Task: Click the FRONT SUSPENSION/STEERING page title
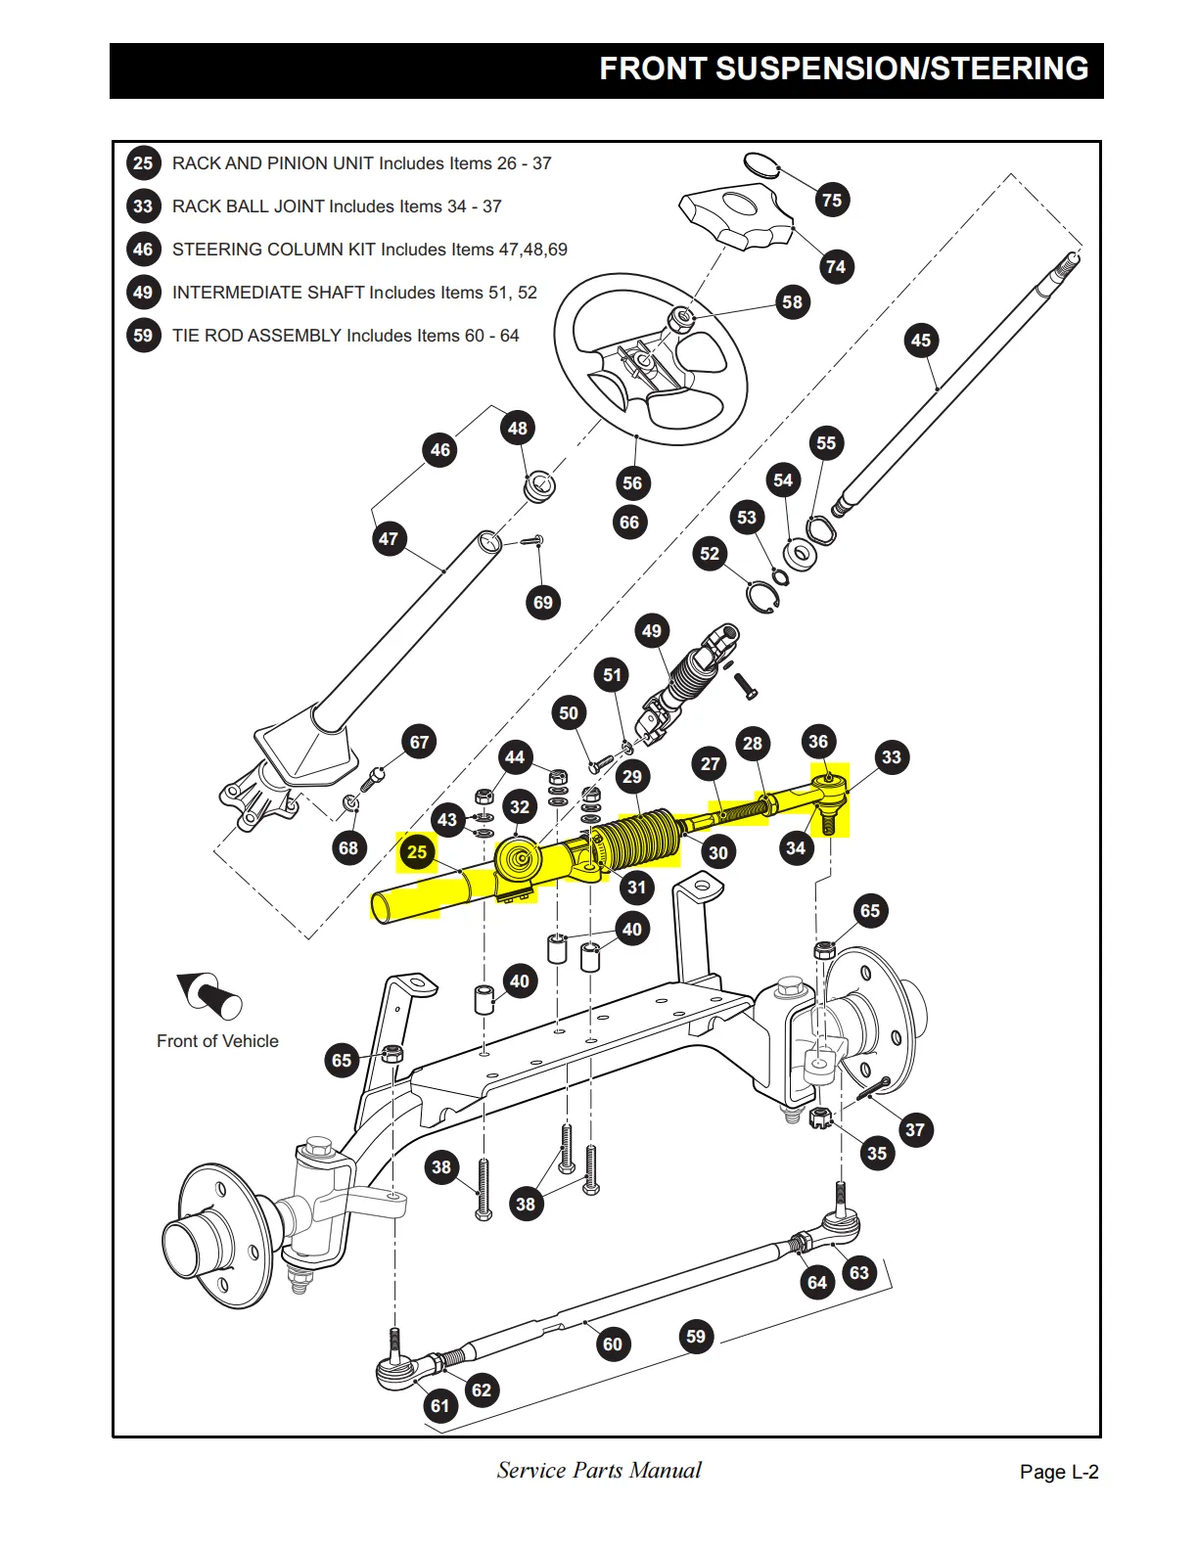coord(844,68)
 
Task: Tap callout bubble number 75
coord(832,200)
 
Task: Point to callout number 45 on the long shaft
coord(921,341)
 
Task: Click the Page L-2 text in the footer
coord(1059,1472)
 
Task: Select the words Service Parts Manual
coord(599,1470)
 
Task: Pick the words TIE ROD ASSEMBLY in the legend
coord(256,336)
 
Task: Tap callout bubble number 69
coord(543,602)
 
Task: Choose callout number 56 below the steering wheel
coord(632,482)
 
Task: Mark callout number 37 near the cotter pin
coord(914,1130)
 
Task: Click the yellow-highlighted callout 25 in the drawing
coord(417,851)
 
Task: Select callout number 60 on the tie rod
coord(612,1344)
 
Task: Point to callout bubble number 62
coord(482,1390)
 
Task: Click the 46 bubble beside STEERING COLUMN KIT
coord(144,250)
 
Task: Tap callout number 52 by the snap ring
coord(710,554)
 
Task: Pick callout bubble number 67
coord(420,742)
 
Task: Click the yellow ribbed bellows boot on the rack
coord(636,839)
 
